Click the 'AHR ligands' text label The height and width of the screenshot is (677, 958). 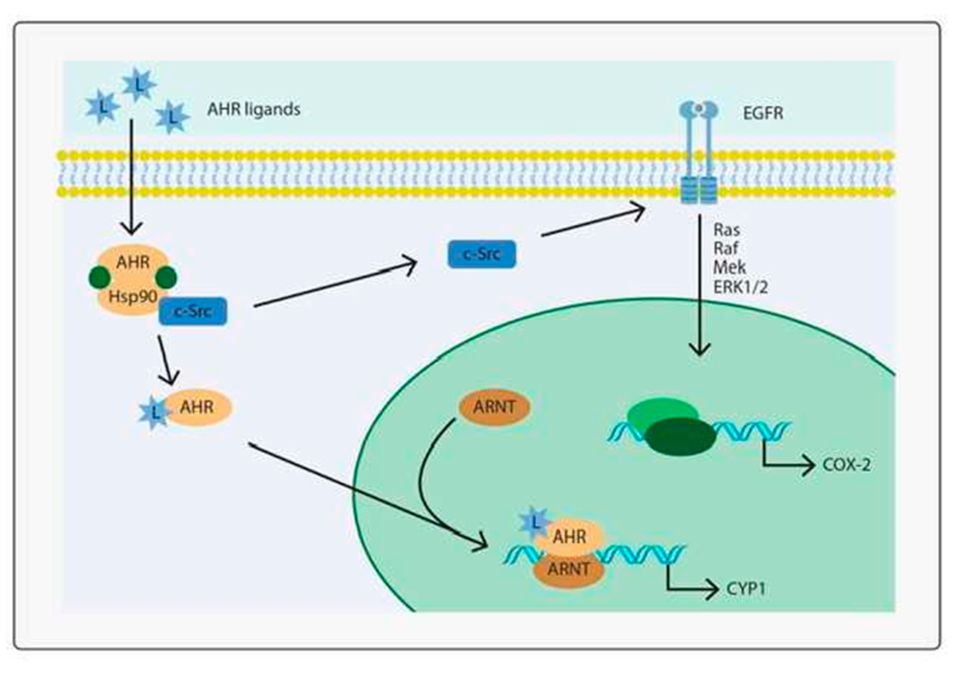coord(254,109)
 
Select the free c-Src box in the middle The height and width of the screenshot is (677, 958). coord(482,254)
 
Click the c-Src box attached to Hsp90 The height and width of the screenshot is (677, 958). coord(193,312)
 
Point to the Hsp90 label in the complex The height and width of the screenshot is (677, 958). coord(133,297)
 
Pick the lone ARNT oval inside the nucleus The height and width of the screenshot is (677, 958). coord(494,407)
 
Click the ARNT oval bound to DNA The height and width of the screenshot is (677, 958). coord(568,570)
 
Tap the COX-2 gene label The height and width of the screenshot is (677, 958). coord(846,465)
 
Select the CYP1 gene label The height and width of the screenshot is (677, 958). coord(745,588)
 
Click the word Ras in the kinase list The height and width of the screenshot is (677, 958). coord(727,230)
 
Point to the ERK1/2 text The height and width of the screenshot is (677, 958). coord(740,287)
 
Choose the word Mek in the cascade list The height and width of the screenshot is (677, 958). coord(729,268)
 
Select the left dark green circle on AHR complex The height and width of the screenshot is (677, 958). coord(100,278)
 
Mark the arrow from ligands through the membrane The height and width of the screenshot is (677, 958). coord(131,176)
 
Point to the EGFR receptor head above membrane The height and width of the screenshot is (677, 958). coord(698,109)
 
